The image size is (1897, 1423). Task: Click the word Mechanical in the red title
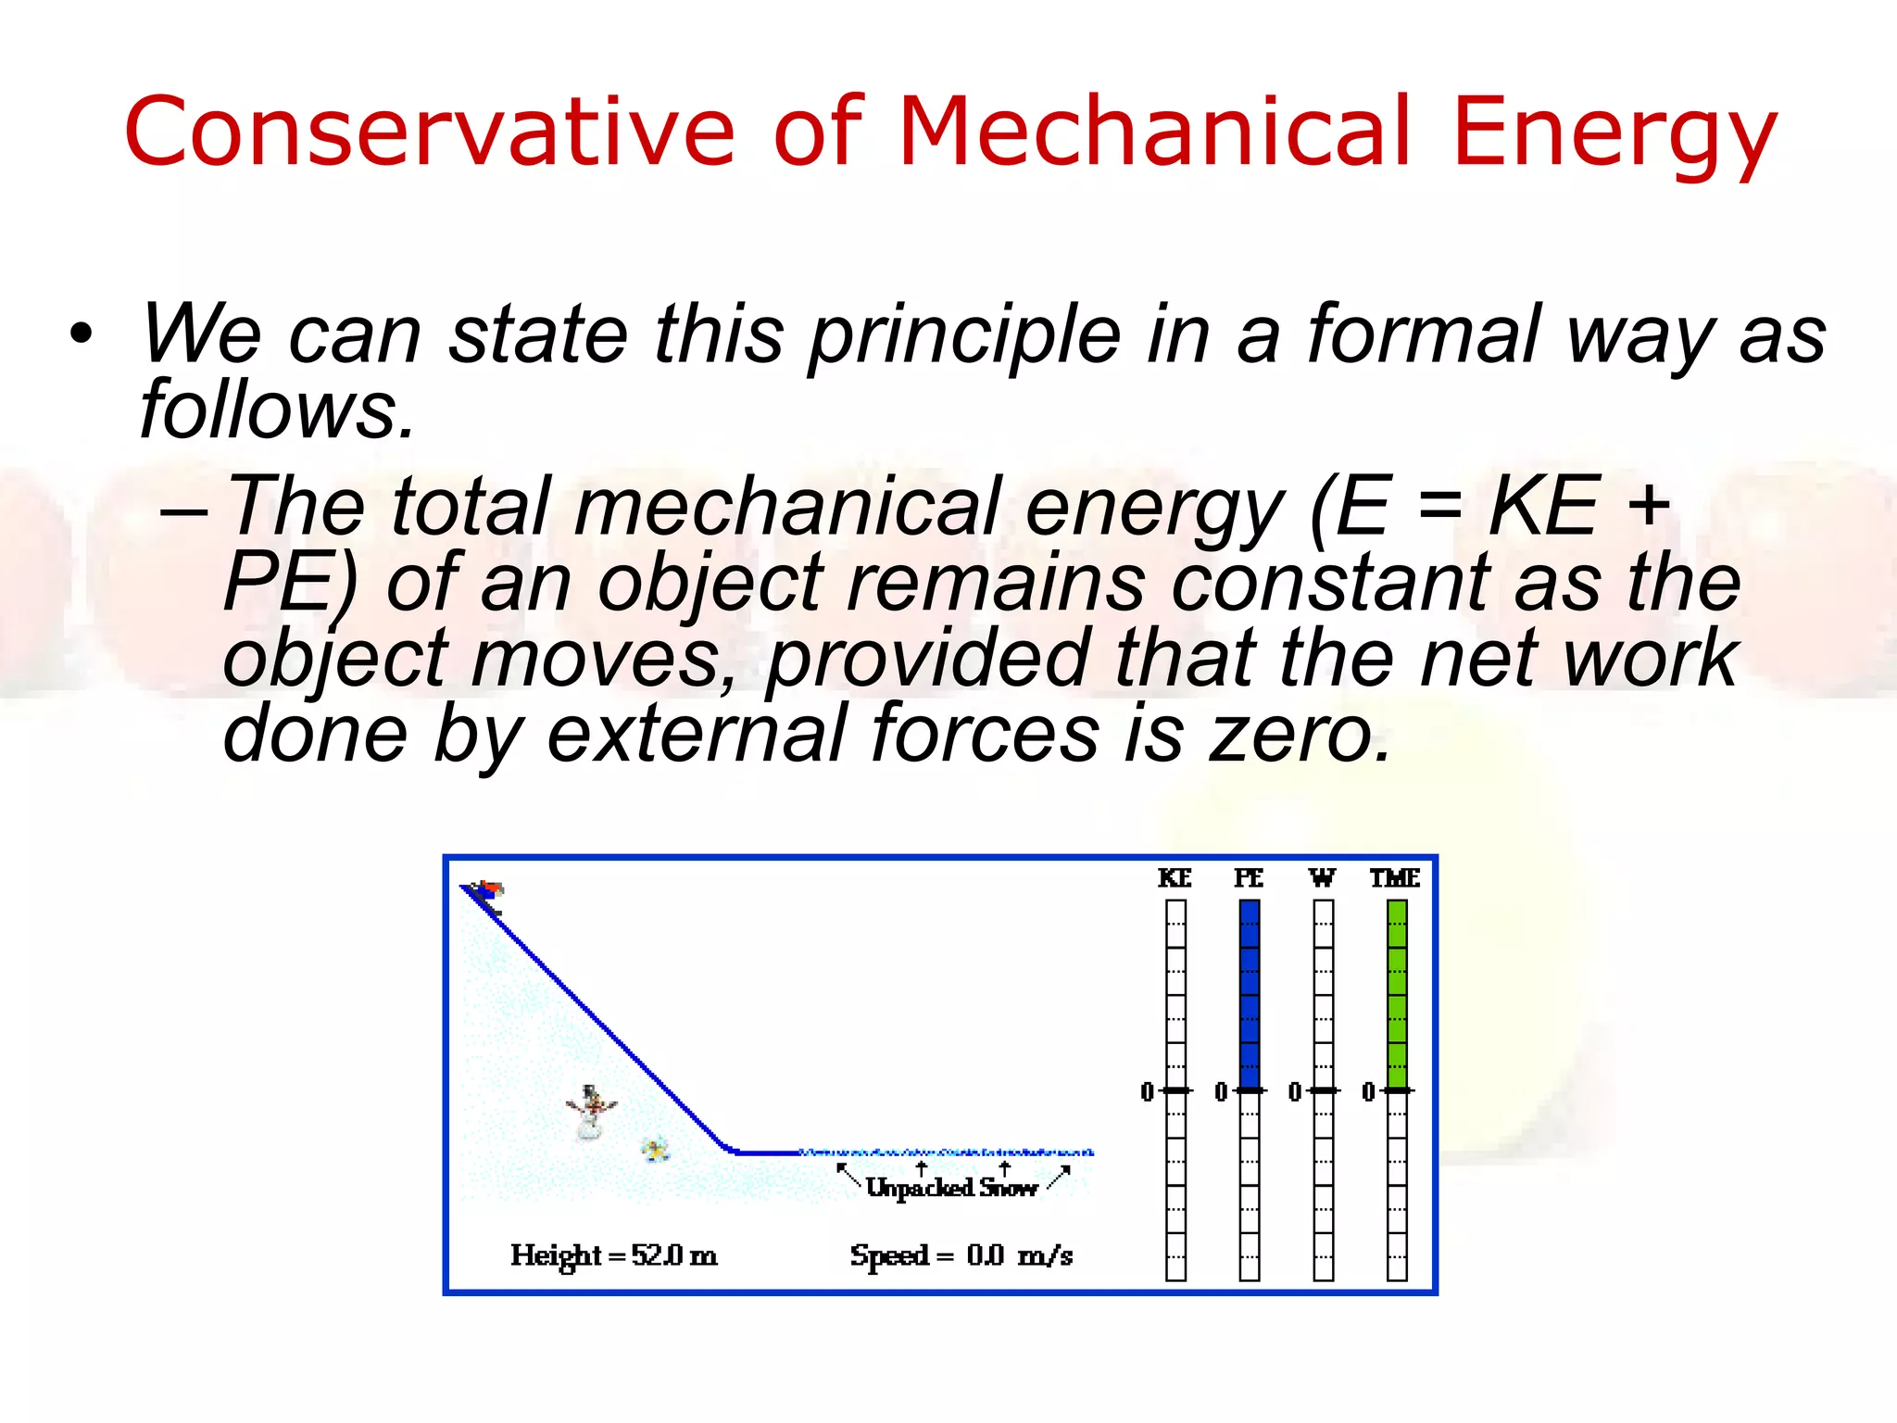pos(1153,132)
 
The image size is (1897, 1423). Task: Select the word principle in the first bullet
pos(963,335)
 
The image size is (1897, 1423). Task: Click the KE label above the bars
pos(1175,877)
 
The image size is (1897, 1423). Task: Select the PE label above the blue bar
pos(1249,877)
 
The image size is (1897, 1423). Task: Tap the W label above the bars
pos(1322,877)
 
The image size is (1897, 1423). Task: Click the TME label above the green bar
pos(1395,877)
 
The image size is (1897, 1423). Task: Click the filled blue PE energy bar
pos(1249,996)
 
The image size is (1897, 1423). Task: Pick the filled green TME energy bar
pos(1397,996)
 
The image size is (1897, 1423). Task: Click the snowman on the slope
pos(590,1111)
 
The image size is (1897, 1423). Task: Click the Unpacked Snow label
pos(951,1188)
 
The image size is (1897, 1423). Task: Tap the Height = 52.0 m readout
pos(613,1256)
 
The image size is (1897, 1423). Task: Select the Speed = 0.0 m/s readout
pos(961,1256)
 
